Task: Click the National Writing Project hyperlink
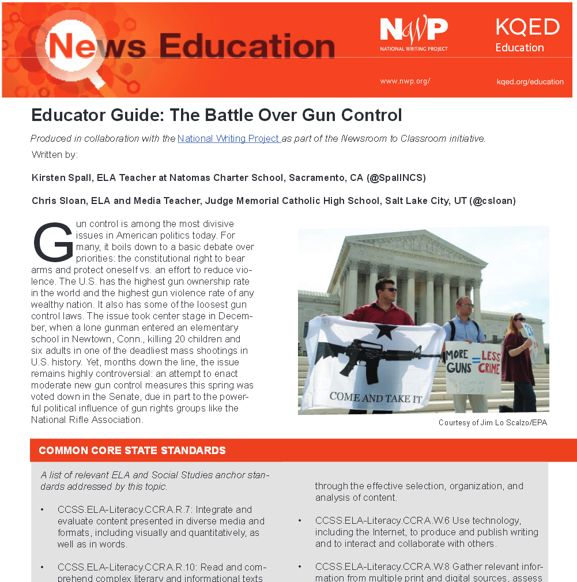(x=228, y=139)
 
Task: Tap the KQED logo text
(x=527, y=27)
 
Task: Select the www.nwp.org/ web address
(x=405, y=81)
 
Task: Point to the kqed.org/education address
(x=530, y=82)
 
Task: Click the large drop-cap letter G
(x=52, y=243)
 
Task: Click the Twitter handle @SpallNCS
(x=396, y=177)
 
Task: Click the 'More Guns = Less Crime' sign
(x=473, y=363)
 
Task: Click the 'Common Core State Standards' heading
(x=132, y=451)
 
